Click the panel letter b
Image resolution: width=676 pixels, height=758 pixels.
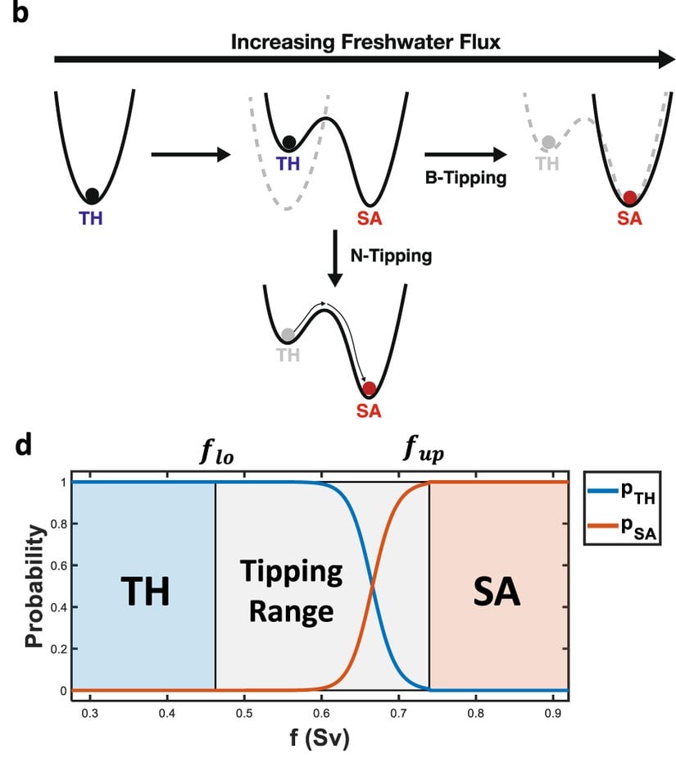[x=20, y=14]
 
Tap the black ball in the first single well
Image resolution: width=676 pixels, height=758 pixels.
[x=92, y=195]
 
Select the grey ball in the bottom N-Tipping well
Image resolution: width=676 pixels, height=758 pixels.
[x=287, y=335]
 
